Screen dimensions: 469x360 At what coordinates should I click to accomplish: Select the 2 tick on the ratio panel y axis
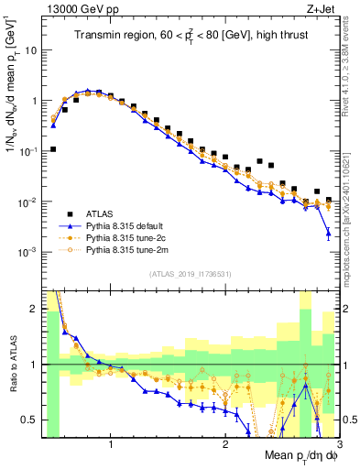pyautogui.click(x=33, y=309)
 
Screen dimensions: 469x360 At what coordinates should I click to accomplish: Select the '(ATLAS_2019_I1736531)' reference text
pyautogui.click(x=191, y=274)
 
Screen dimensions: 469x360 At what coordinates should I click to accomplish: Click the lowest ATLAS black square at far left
pyautogui.click(x=53, y=149)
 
